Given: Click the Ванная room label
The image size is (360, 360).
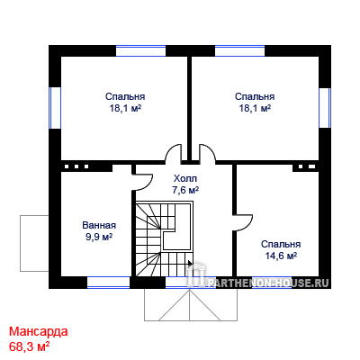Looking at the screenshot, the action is coord(99,225).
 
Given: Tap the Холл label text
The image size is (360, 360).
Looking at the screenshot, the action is coord(185,179).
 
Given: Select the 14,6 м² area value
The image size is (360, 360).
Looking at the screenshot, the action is coord(281,256).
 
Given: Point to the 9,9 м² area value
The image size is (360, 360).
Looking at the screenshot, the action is coord(99,237).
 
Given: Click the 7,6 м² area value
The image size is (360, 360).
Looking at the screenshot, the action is coord(185,191).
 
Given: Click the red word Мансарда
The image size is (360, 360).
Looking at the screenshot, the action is coord(39,332).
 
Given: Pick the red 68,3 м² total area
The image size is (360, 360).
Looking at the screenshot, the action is coord(29,346).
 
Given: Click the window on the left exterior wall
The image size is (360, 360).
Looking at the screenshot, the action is coord(55,108).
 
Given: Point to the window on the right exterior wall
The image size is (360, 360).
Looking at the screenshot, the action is coord(325,107).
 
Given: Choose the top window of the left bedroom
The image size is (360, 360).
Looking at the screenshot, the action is coord(140,51).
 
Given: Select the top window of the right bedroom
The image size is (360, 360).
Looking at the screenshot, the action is coord(240,51).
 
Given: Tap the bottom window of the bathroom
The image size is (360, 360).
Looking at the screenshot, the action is coord(108,283).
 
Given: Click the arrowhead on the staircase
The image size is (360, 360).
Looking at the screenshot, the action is coord(190,263).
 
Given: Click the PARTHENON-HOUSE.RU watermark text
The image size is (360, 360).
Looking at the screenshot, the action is coord(268,283).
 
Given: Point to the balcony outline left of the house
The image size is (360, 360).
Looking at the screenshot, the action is coord(21,243).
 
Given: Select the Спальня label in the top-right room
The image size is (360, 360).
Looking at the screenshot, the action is coord(255,96).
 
